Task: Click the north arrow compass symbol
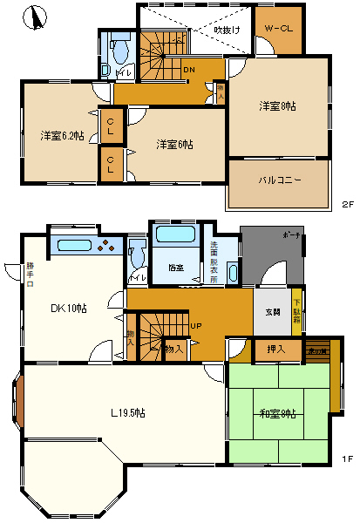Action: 34,17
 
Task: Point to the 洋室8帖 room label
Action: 276,105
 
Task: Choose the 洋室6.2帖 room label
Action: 61,136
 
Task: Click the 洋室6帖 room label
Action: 174,144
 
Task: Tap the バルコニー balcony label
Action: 279,180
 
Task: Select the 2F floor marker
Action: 347,206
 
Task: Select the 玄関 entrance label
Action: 271,313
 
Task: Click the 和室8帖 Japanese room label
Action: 276,412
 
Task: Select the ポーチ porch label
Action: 291,236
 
